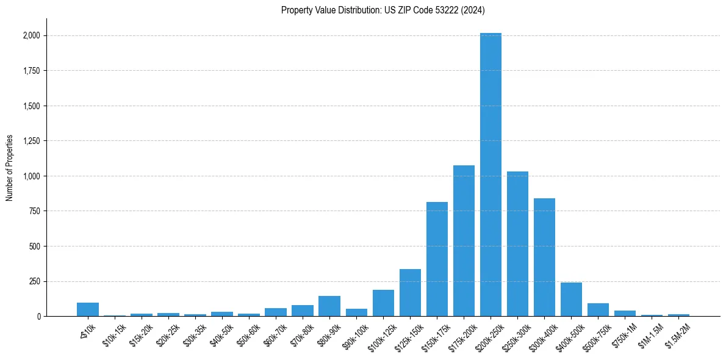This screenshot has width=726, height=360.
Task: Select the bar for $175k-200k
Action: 464,241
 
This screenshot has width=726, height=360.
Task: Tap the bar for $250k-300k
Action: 517,244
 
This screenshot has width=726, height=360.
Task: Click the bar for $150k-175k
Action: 437,259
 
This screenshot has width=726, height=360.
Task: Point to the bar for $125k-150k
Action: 410,293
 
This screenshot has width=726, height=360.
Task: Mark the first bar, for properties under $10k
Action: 88,309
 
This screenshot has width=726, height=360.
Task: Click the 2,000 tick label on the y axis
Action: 31,35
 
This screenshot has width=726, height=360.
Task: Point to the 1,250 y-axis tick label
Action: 31,141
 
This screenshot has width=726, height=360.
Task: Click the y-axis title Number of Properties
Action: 9,168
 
